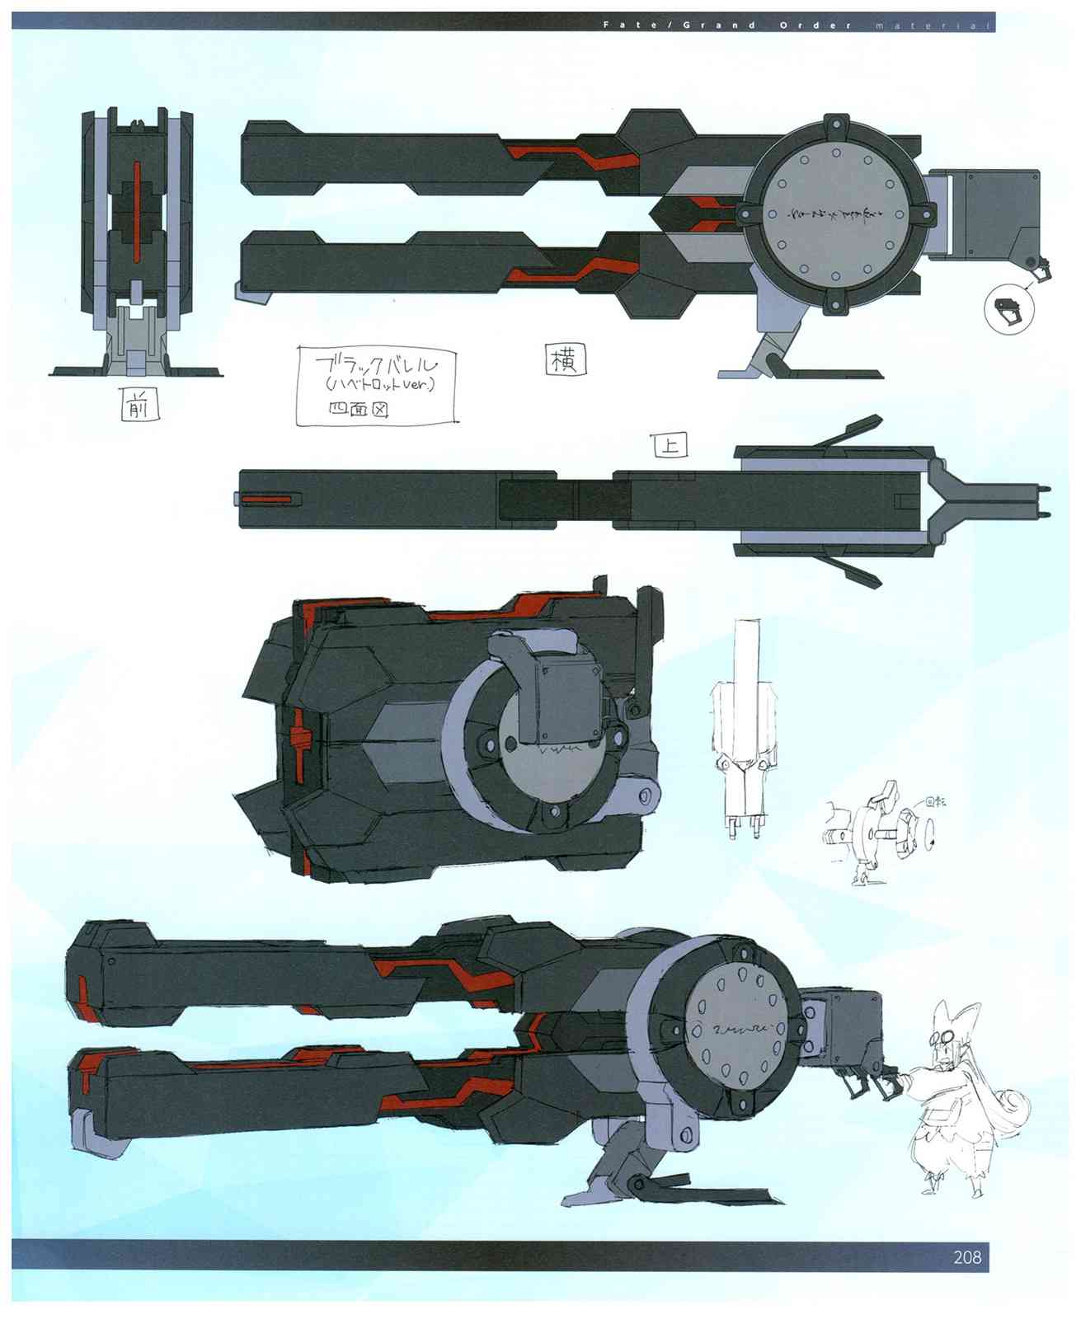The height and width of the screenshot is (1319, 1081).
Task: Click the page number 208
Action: [x=967, y=1258]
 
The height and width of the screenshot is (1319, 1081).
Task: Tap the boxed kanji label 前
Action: [x=138, y=405]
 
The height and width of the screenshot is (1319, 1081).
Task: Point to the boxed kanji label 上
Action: [x=670, y=446]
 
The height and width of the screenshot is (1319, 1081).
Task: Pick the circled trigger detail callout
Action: [x=1008, y=310]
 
